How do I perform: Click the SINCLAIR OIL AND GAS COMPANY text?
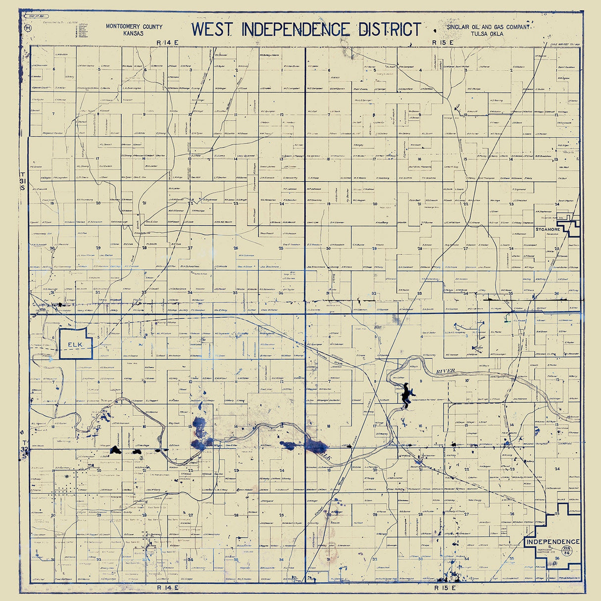tap(488, 27)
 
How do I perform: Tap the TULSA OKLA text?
tap(488, 34)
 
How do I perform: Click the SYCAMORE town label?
tap(547, 230)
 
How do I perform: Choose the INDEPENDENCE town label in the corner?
tap(552, 542)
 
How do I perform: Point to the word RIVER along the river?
tap(445, 371)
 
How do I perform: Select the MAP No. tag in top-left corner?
tap(37, 16)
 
